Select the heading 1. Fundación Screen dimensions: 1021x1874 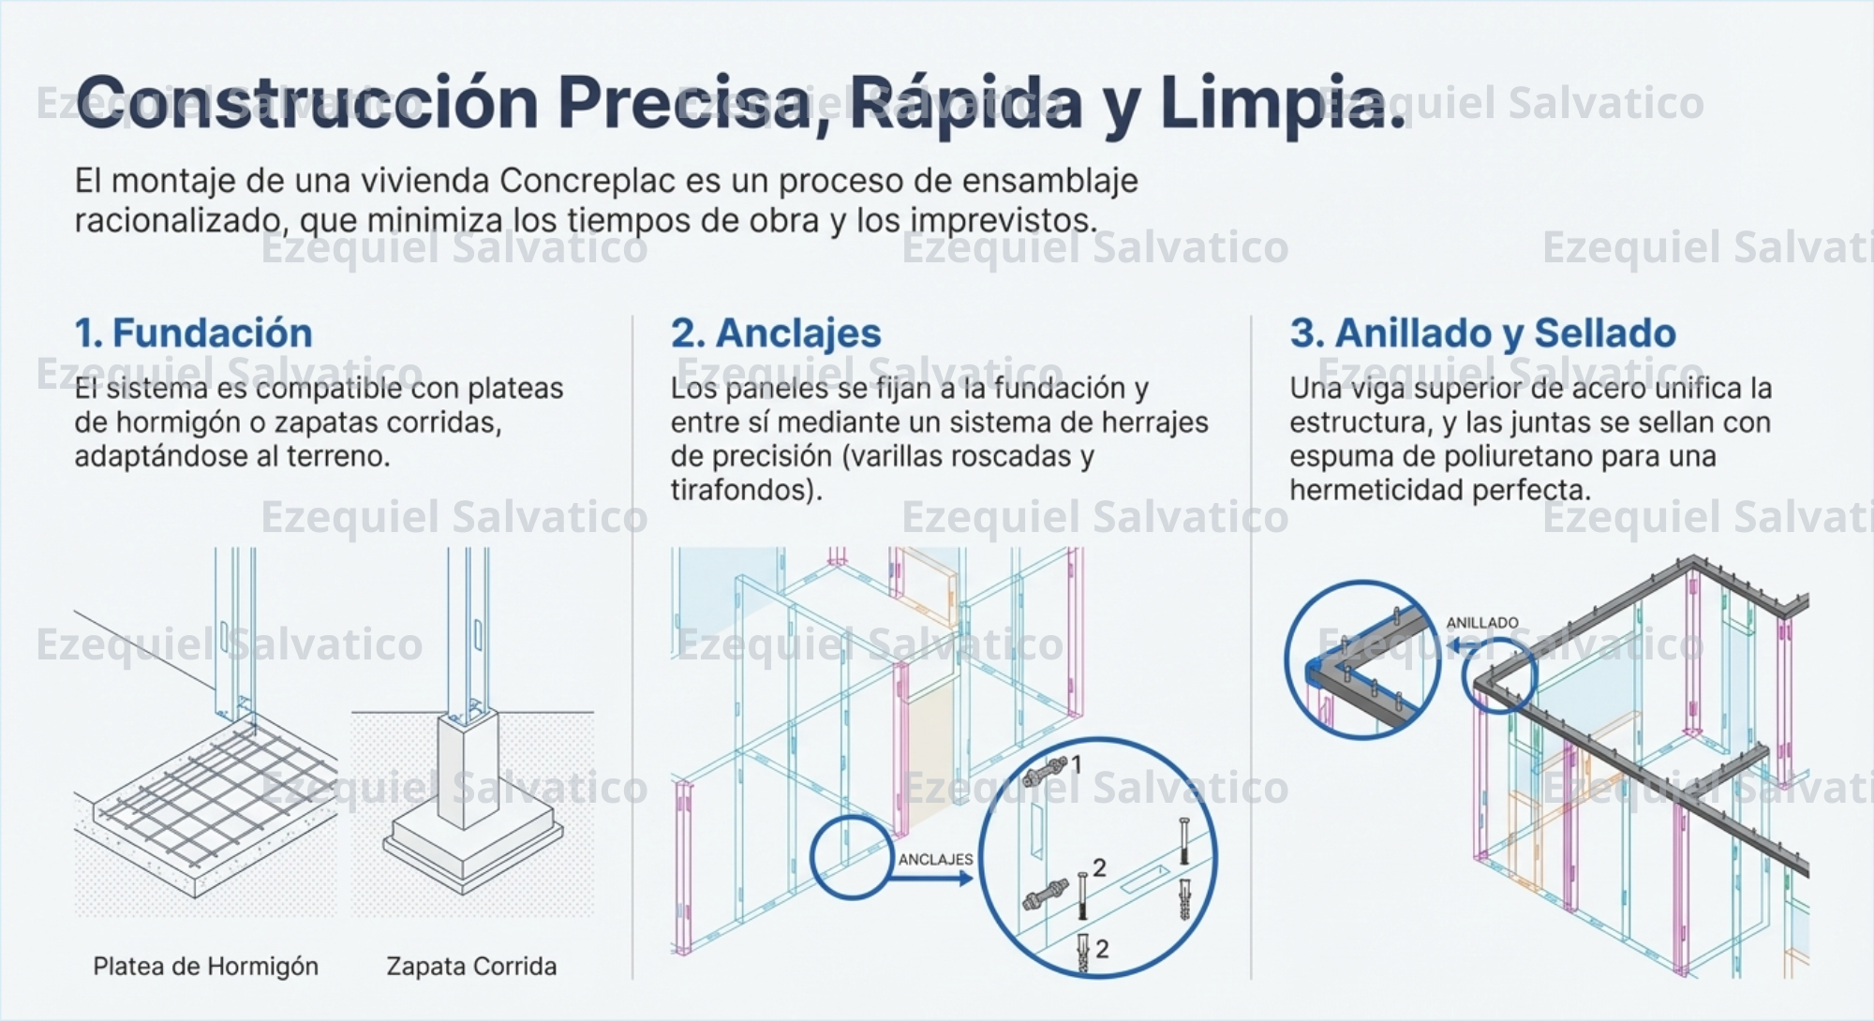point(193,333)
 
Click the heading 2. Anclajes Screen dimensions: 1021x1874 point(776,333)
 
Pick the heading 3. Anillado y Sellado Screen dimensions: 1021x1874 point(1482,333)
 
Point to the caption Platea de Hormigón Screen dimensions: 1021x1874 point(205,966)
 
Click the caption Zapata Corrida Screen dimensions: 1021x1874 point(471,966)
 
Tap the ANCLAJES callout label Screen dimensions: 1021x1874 point(935,859)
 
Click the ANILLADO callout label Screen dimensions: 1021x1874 point(1481,623)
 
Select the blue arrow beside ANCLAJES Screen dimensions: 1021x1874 point(932,879)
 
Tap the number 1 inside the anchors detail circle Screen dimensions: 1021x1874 point(1076,765)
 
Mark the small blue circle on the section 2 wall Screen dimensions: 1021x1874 point(851,857)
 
